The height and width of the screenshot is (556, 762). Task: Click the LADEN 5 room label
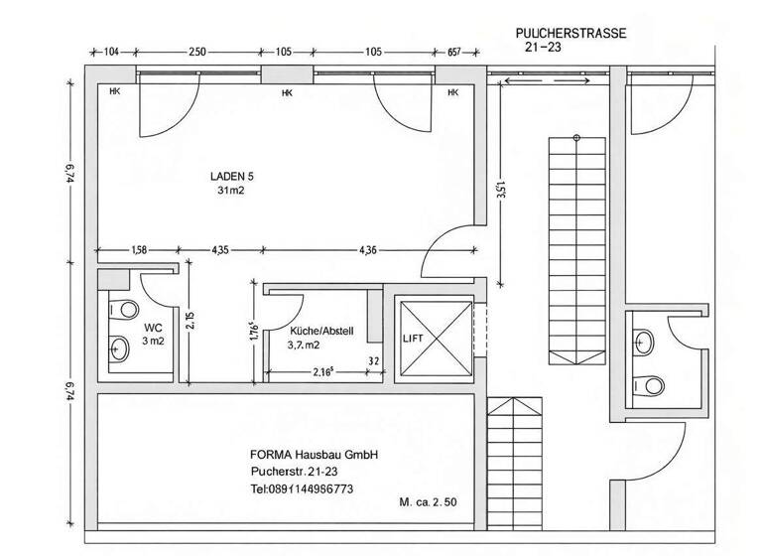tap(232, 176)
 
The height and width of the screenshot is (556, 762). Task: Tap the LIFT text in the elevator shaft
tap(413, 339)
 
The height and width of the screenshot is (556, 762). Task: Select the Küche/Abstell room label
tap(321, 331)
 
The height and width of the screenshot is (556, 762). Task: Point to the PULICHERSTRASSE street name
tap(571, 33)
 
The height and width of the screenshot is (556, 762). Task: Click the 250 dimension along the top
tap(197, 52)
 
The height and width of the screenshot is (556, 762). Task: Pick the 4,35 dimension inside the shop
tap(220, 250)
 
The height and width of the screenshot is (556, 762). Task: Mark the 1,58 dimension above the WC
tap(139, 250)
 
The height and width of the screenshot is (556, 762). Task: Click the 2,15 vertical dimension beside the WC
tap(190, 320)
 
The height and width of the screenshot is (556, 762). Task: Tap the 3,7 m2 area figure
tap(304, 346)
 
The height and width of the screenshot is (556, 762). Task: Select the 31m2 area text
tap(231, 191)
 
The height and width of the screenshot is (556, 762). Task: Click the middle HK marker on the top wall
tap(287, 93)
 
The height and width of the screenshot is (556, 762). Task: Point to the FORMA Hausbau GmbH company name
tap(314, 455)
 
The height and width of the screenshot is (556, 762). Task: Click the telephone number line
tap(302, 488)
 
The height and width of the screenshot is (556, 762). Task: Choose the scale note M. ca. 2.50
tap(429, 502)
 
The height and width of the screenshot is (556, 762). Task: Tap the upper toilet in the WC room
tap(123, 310)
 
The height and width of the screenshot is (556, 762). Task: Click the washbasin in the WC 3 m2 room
tap(119, 348)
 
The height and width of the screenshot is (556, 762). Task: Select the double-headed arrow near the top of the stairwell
tap(548, 80)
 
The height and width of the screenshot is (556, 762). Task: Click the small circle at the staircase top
tap(576, 138)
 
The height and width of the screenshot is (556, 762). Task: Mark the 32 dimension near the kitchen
tap(374, 361)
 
